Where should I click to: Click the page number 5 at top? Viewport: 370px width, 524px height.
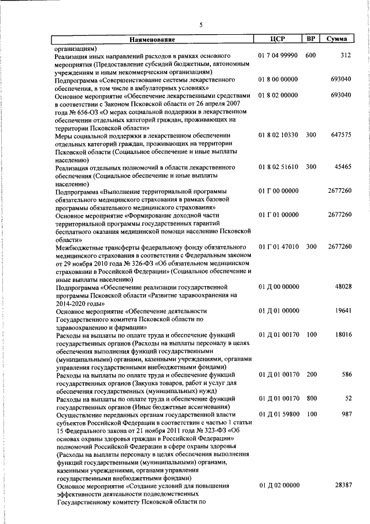[x=201, y=24]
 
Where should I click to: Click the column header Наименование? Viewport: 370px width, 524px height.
[x=153, y=39]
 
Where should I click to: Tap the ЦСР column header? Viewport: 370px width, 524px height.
[x=278, y=39]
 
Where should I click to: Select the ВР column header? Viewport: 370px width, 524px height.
[x=310, y=39]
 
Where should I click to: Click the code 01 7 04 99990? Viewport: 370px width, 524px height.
[x=278, y=56]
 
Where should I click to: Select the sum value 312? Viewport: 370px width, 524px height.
[x=346, y=56]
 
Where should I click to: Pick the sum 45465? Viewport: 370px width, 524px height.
[x=343, y=167]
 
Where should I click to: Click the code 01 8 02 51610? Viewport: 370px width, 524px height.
[x=278, y=167]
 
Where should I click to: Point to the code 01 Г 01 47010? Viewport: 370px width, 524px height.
[x=278, y=247]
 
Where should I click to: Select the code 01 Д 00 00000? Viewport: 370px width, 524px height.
[x=278, y=287]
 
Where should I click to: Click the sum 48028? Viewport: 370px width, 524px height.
[x=343, y=287]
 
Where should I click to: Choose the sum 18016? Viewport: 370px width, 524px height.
[x=343, y=335]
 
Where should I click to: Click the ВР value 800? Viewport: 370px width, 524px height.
[x=311, y=398]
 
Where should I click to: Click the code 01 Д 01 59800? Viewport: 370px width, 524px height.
[x=278, y=415]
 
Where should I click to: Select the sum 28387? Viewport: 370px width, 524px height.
[x=343, y=486]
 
